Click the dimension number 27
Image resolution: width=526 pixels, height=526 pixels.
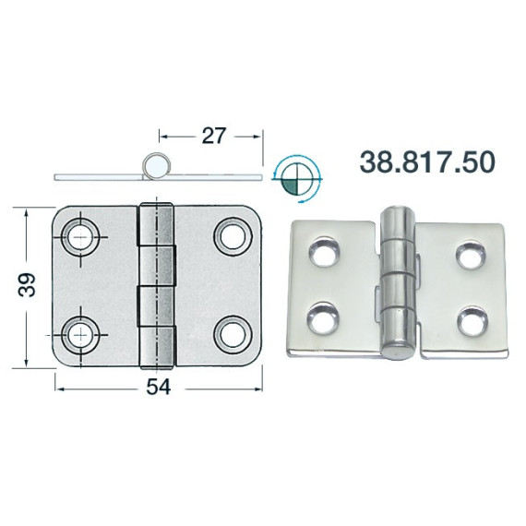coord(214,136)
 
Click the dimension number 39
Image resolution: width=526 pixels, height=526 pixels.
coord(27,285)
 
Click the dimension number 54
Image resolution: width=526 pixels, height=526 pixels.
coord(158,387)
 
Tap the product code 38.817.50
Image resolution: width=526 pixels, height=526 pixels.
coord(427,161)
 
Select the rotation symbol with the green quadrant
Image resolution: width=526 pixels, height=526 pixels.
coord(296,179)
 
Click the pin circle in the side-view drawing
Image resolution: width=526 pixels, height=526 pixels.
coord(154,166)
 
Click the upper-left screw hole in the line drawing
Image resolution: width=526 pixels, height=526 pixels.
coord(80,236)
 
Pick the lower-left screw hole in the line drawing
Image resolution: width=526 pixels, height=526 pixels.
coord(80,335)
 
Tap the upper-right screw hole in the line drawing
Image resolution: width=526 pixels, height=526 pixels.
coord(233,236)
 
